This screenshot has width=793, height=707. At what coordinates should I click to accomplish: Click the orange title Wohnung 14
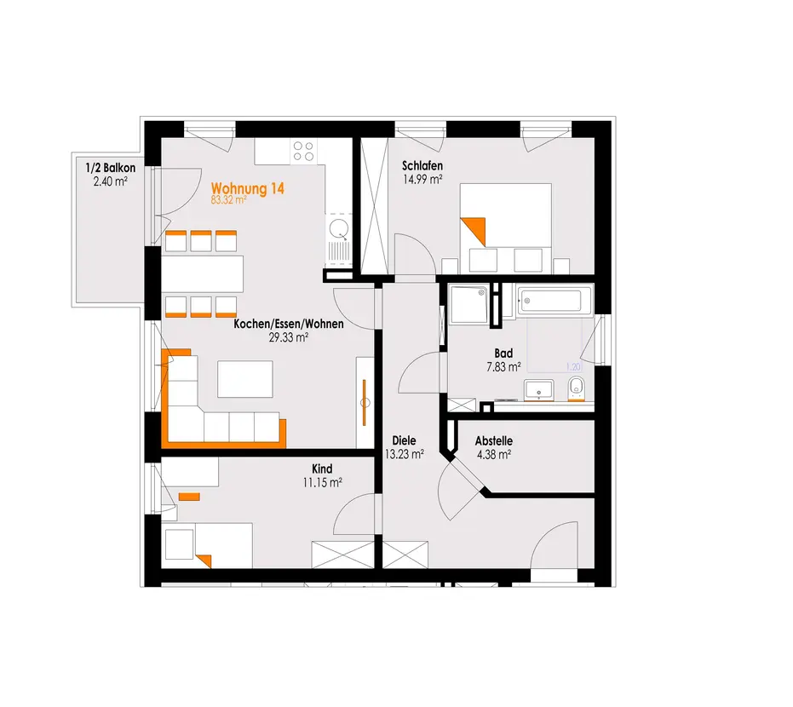(248, 188)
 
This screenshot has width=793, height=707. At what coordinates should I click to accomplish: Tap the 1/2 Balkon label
(110, 168)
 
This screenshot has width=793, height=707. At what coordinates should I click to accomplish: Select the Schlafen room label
(422, 166)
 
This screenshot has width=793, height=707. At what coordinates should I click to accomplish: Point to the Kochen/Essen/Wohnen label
(288, 324)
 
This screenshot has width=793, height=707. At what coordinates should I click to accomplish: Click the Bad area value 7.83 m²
(503, 366)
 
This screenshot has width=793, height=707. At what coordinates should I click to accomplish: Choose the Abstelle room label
(494, 441)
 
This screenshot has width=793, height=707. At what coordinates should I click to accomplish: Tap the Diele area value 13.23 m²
(404, 454)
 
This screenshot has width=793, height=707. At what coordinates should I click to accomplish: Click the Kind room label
(322, 468)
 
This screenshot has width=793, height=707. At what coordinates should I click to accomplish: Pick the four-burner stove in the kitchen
(303, 152)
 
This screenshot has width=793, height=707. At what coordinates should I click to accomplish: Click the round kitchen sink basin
(338, 228)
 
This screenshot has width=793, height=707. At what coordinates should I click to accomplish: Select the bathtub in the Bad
(555, 302)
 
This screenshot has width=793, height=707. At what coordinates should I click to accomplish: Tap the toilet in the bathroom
(576, 388)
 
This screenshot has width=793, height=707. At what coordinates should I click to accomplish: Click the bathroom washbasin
(538, 390)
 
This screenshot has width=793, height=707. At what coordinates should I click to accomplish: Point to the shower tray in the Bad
(468, 304)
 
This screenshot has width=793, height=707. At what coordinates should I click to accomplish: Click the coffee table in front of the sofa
(245, 379)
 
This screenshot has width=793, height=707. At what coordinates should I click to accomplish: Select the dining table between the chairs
(203, 274)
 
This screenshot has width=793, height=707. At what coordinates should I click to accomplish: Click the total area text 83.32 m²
(228, 200)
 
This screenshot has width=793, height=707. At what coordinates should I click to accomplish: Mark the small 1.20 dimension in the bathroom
(573, 367)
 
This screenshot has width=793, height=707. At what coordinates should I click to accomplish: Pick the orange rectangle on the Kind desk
(190, 497)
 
